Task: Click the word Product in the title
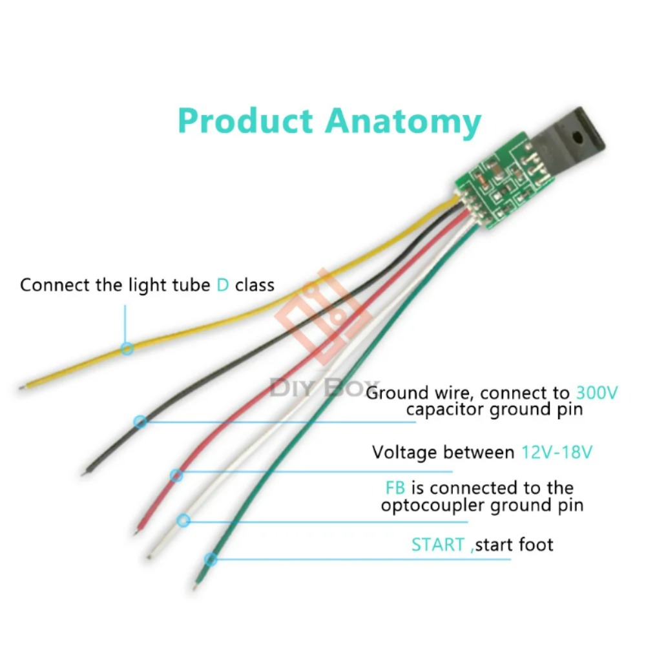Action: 245,121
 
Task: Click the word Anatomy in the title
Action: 403,122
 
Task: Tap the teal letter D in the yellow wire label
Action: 222,285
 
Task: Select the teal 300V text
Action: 596,393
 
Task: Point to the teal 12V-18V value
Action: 557,452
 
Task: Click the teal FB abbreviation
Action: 395,488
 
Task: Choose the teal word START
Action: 438,545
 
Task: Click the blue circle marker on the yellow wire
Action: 127,349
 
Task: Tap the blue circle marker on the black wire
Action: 140,421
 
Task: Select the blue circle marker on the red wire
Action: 176,475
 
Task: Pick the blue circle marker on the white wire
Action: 183,520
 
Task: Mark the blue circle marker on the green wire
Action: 211,559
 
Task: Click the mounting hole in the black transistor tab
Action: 578,137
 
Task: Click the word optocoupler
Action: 433,506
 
